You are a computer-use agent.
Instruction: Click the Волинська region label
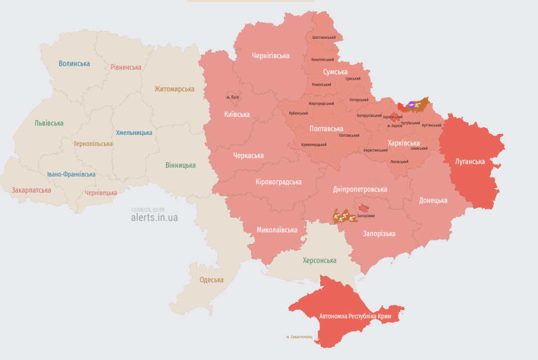74,64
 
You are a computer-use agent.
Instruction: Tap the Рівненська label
126,67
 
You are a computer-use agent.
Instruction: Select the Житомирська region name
174,89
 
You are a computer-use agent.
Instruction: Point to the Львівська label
49,123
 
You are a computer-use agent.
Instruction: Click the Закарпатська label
31,190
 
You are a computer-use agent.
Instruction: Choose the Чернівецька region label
101,193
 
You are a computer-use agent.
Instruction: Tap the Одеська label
211,280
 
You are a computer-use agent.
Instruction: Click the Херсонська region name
319,260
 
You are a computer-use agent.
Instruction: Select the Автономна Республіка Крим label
355,317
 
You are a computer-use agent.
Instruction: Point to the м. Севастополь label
299,337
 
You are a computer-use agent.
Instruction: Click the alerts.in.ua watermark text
154,218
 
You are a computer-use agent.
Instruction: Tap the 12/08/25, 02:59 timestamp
147,210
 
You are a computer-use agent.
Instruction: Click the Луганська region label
470,161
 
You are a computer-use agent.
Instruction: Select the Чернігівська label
270,56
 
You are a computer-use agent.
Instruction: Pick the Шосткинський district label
323,37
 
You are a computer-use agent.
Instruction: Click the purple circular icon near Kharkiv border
411,105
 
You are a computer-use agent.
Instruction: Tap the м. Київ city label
233,97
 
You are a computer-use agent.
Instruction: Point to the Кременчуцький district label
314,144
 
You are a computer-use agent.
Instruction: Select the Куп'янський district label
431,125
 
